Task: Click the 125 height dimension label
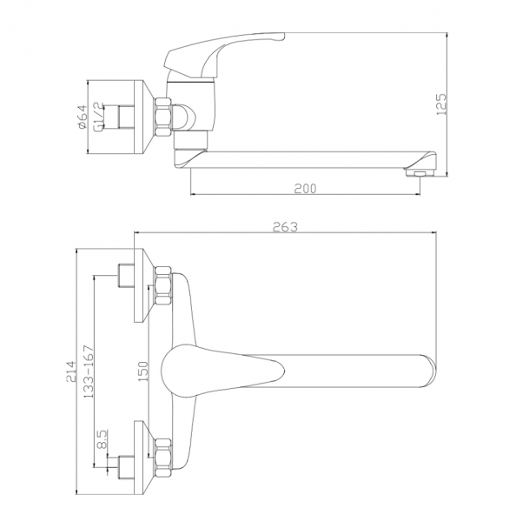click(x=442, y=104)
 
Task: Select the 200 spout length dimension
click(x=305, y=189)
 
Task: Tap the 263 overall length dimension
click(x=285, y=226)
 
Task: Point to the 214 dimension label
click(x=71, y=371)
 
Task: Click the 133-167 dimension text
click(x=89, y=371)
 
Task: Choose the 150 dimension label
click(x=142, y=371)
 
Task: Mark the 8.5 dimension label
click(x=103, y=438)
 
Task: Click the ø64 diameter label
click(x=82, y=117)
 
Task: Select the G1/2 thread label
click(x=99, y=117)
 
